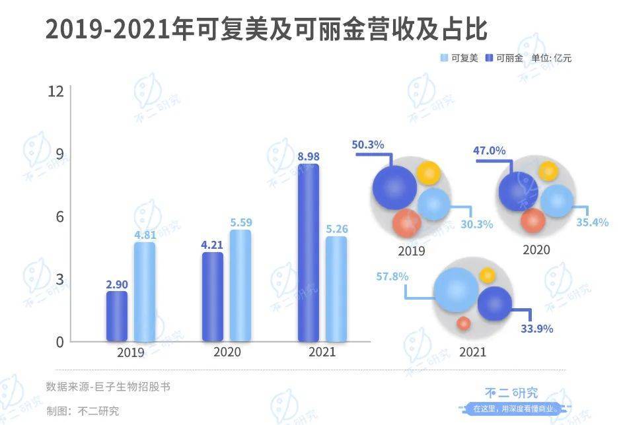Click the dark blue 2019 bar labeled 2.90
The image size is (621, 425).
(x=117, y=316)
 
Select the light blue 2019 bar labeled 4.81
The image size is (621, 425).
(x=145, y=292)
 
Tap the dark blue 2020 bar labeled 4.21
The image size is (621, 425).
(x=213, y=297)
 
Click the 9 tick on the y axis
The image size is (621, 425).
(x=59, y=154)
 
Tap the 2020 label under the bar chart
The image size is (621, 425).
(x=227, y=352)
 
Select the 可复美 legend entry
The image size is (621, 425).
(x=459, y=58)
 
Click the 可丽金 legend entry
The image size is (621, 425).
(x=505, y=58)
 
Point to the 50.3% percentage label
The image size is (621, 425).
(x=369, y=145)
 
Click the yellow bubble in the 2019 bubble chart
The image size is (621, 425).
(x=428, y=173)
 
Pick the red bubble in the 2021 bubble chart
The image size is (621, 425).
(x=464, y=323)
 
